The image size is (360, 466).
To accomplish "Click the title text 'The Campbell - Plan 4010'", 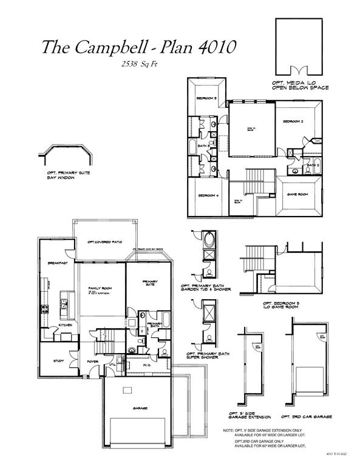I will pos(139,47).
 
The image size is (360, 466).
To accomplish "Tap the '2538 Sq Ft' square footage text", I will pos(139,64).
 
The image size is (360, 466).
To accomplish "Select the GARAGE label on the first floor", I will pos(141,408).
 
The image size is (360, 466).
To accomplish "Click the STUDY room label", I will pos(59,361).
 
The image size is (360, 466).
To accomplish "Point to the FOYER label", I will pos(93,361).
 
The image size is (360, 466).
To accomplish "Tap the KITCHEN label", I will pos(66,326).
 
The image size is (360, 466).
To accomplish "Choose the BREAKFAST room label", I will pos(56,263).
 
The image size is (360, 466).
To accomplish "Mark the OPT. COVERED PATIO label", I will pos(105,242).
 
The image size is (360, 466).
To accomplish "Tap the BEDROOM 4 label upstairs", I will pos(208,195).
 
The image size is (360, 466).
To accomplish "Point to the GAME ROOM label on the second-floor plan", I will pos(297,195).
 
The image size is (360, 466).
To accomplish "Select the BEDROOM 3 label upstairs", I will pos(206,98).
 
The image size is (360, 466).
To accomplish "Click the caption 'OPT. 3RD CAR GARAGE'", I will pos(306,417).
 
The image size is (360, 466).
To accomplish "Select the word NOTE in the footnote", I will pos(229,430).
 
